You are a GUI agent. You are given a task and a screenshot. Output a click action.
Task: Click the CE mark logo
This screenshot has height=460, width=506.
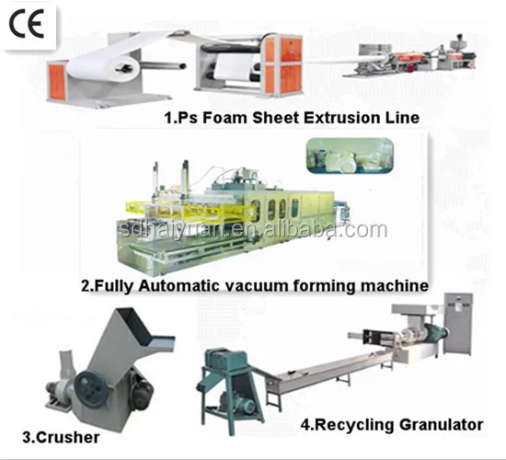pyautogui.click(x=27, y=23)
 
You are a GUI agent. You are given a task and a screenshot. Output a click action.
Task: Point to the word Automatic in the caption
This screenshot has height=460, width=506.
pyautogui.click(x=178, y=286)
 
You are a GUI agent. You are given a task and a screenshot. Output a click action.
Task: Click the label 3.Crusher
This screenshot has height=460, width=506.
pyautogui.click(x=61, y=438)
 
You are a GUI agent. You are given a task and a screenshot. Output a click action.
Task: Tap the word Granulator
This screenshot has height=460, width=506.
pyautogui.click(x=441, y=424)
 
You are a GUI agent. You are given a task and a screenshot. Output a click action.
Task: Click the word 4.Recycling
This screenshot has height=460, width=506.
pyautogui.click(x=348, y=425)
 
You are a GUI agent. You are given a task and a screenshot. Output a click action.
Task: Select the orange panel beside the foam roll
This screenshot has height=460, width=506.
pyautogui.click(x=57, y=82)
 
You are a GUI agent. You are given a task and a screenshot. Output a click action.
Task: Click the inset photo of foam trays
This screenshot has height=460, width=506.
pyautogui.click(x=350, y=155)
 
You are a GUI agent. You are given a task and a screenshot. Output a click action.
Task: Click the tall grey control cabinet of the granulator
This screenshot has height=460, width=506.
pyautogui.click(x=458, y=324)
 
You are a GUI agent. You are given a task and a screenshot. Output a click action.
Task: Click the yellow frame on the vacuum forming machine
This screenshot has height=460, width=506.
pyautogui.click(x=189, y=212)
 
